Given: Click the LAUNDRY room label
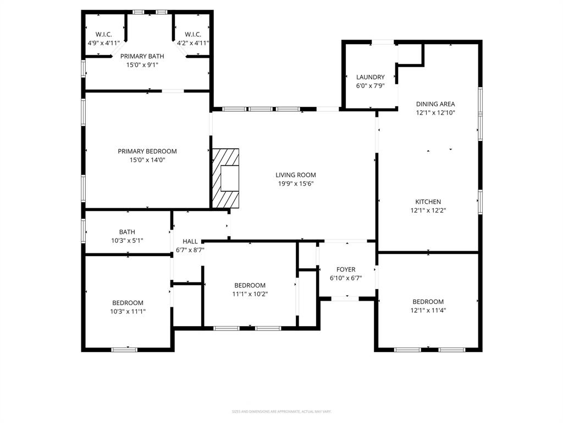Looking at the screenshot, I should tap(370, 77).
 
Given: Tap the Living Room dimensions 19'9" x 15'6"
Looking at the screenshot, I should tap(296, 184).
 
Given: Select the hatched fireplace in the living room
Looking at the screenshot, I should tap(226, 178).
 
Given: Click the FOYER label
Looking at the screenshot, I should tap(346, 269).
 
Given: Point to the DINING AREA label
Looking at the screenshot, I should tap(435, 104).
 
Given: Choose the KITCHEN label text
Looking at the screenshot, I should tap(428, 202).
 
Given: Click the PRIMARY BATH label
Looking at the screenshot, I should tap(142, 56).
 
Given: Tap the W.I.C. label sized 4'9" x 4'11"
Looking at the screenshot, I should tap(103, 34).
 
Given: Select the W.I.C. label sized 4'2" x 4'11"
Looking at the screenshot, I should tap(192, 34).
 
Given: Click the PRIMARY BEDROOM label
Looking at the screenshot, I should tap(147, 151).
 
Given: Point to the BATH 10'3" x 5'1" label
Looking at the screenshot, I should tap(127, 232).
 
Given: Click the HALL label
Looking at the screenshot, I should tap(190, 241).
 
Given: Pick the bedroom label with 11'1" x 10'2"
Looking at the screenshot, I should tap(250, 285).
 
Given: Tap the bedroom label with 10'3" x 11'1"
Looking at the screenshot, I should tap(128, 303).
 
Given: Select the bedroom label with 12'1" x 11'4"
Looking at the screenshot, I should tap(428, 301).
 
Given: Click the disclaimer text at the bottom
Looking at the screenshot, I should tap(281, 411).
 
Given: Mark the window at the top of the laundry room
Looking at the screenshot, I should tap(383, 42).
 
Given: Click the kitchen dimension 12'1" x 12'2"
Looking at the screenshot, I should tap(428, 210).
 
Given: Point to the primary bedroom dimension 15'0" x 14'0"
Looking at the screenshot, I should tap(147, 160).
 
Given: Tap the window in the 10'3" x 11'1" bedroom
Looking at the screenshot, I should tap(124, 349).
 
